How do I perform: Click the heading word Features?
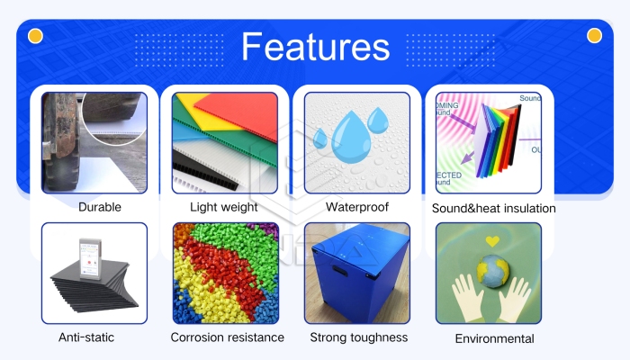click(315, 47)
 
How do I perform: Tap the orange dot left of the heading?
click(36, 36)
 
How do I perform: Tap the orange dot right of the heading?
click(594, 36)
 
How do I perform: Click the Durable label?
click(99, 207)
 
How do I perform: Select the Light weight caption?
click(224, 207)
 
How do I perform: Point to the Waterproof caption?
click(357, 207)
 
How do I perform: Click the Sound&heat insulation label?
click(493, 209)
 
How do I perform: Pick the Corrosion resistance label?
click(228, 337)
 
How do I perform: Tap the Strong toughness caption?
click(358, 337)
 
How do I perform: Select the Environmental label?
click(494, 338)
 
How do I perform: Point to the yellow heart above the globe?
click(491, 242)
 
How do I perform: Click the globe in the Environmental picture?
click(493, 271)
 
